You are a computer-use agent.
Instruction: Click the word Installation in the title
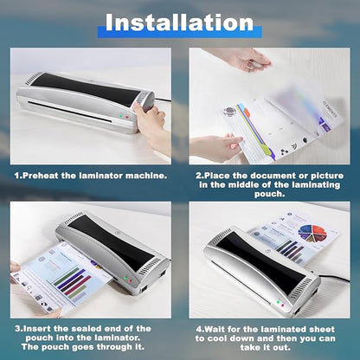pos(180,22)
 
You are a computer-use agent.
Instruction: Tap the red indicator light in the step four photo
pos(279,302)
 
